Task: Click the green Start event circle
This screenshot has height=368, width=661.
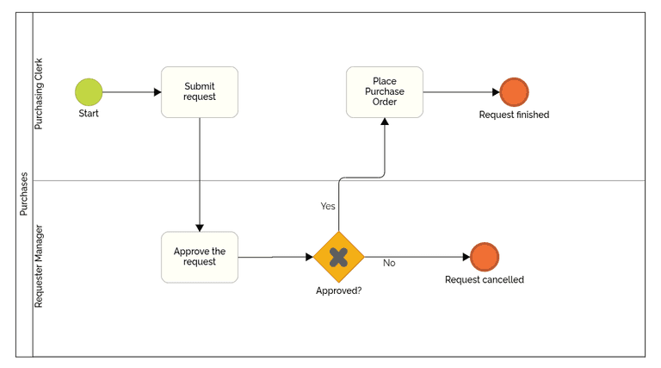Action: [89, 92]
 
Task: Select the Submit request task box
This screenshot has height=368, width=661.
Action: [200, 92]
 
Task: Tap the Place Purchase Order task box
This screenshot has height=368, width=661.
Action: [385, 92]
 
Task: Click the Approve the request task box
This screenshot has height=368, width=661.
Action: [200, 257]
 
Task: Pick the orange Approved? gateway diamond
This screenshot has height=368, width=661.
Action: [338, 257]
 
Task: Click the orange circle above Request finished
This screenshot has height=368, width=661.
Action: [514, 92]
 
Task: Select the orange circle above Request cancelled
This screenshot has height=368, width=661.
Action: [485, 257]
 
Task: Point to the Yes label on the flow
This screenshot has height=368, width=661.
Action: [328, 206]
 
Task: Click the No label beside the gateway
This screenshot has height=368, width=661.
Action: [389, 263]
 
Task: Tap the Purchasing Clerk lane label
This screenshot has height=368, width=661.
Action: [39, 95]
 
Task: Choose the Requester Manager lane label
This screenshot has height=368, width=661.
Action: [39, 266]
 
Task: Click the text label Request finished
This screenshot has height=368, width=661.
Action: [514, 115]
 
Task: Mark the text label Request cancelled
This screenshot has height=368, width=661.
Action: [485, 280]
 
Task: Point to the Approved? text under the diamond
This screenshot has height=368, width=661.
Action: [338, 290]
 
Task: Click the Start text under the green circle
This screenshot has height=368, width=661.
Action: [89, 114]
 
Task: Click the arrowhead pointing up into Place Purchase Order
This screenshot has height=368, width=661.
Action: [385, 122]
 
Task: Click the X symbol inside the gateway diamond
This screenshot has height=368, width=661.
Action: [338, 257]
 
